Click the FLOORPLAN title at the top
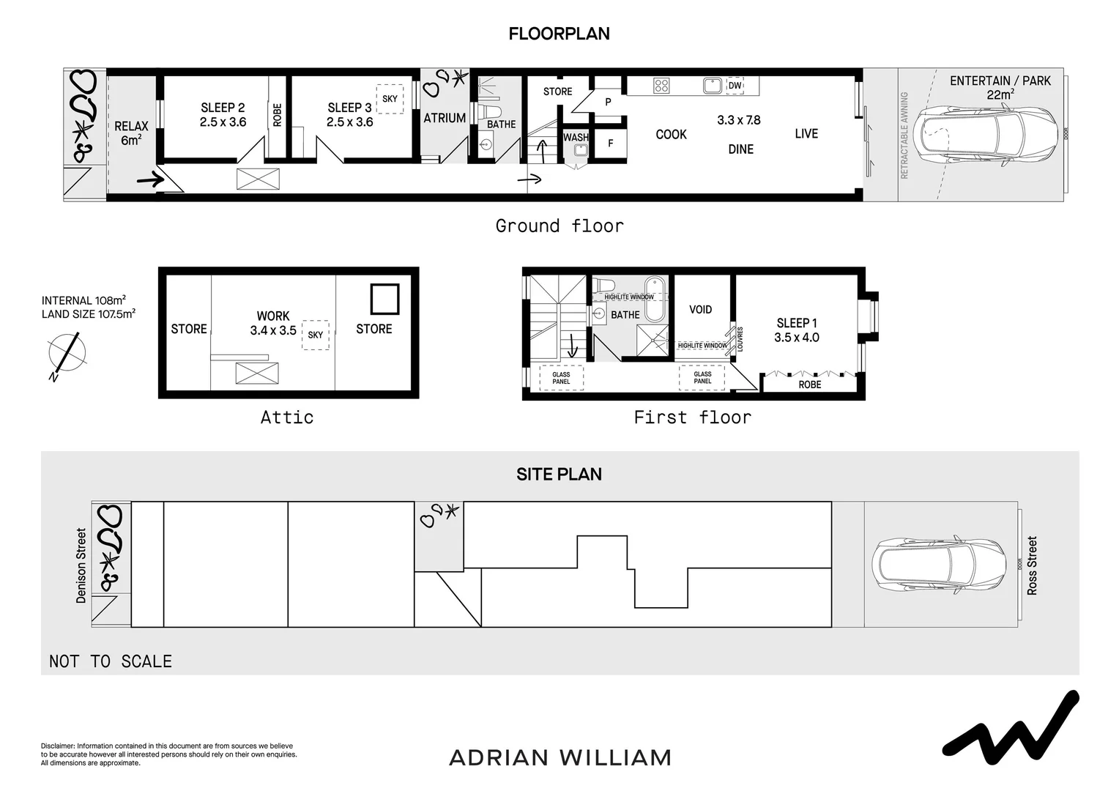click(x=559, y=34)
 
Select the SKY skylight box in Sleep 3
click(x=390, y=99)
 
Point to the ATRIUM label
click(x=445, y=118)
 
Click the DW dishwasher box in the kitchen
click(x=735, y=86)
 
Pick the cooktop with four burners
click(x=661, y=86)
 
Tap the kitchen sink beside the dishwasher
click(x=712, y=86)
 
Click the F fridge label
click(x=611, y=144)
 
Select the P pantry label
click(x=608, y=102)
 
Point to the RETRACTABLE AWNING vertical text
click(x=904, y=135)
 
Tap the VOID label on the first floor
click(x=701, y=310)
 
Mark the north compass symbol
click(x=67, y=354)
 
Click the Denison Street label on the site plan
click(x=81, y=566)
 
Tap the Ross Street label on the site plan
click(x=1032, y=565)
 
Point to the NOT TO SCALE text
click(x=111, y=661)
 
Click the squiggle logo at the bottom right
click(x=1011, y=725)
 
